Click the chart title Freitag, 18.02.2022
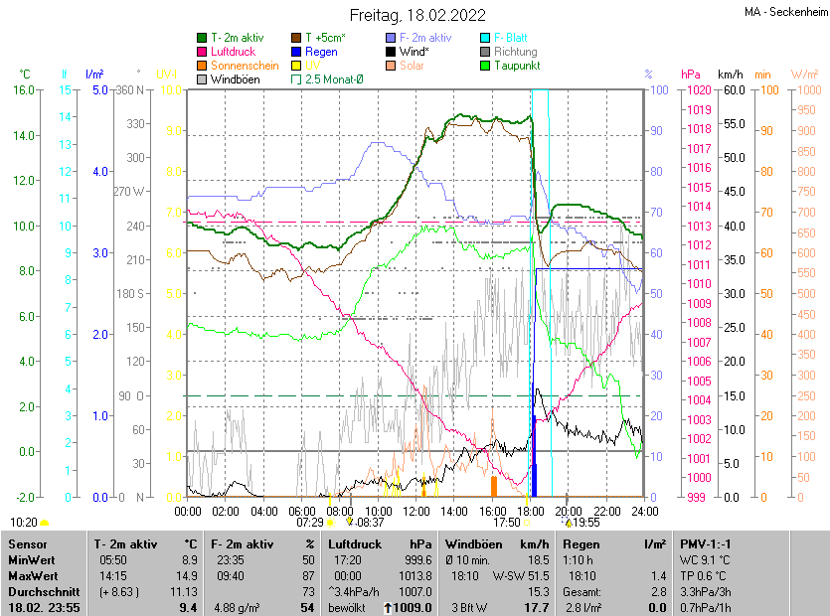416,15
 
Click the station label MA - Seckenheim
785,12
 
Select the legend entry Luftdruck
233,52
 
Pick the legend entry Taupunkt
516,66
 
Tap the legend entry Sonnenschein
245,66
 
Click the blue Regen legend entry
321,52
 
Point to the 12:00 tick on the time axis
415,512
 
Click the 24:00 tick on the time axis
645,512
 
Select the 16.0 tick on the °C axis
22,90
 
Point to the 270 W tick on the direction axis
130,192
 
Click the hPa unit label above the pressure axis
690,75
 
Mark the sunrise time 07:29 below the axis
310,522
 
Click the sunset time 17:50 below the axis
507,522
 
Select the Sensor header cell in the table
27,544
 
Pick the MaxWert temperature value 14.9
186,575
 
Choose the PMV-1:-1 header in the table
705,544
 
